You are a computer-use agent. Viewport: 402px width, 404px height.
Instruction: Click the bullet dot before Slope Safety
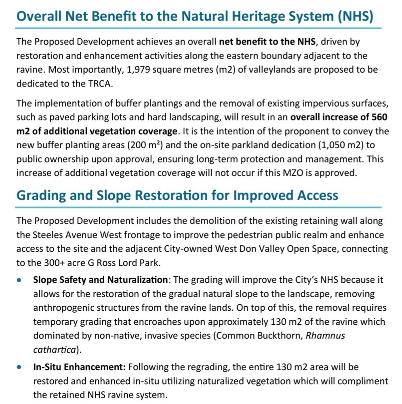click(x=20, y=280)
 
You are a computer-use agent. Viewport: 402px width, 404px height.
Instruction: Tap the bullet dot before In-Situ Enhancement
click(x=20, y=368)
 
